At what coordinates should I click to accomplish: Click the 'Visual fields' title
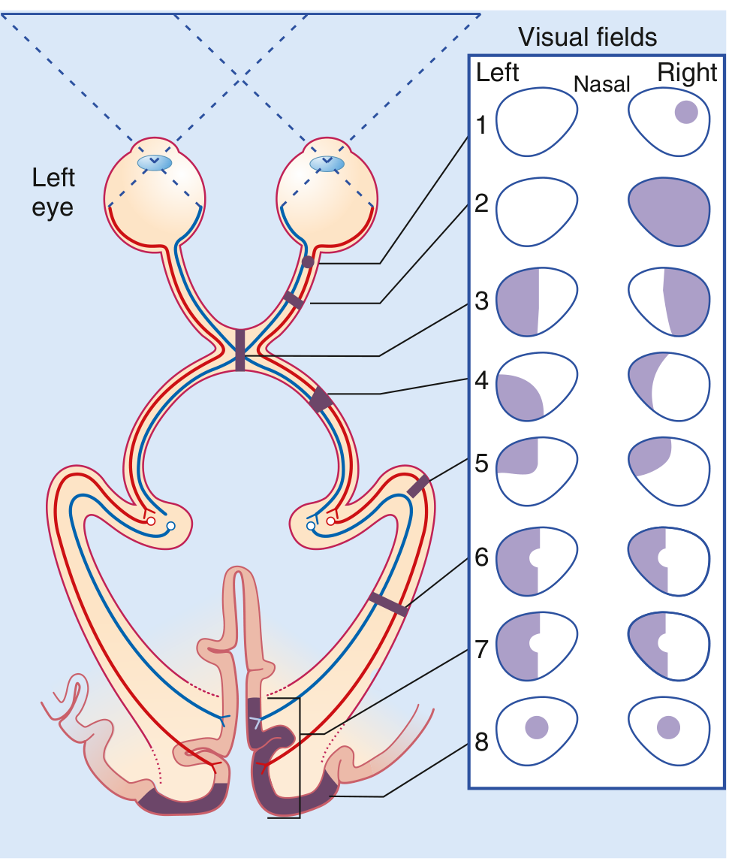(587, 37)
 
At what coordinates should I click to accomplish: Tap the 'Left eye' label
(53, 192)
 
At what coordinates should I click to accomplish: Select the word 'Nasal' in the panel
(601, 83)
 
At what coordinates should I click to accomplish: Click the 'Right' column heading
(687, 73)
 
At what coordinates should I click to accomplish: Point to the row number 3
(481, 301)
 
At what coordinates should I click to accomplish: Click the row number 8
(481, 742)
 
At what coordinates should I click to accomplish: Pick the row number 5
(481, 463)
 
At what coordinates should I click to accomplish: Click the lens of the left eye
(155, 162)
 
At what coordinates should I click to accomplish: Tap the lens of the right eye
(327, 162)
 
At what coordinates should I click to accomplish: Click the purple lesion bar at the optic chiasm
(239, 349)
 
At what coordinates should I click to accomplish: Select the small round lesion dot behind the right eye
(307, 262)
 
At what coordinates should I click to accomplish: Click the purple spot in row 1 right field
(686, 113)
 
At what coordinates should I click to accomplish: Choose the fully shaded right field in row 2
(668, 212)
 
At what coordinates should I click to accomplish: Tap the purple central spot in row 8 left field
(537, 727)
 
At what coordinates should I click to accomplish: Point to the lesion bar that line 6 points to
(388, 603)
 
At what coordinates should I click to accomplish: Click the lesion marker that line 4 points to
(321, 399)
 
